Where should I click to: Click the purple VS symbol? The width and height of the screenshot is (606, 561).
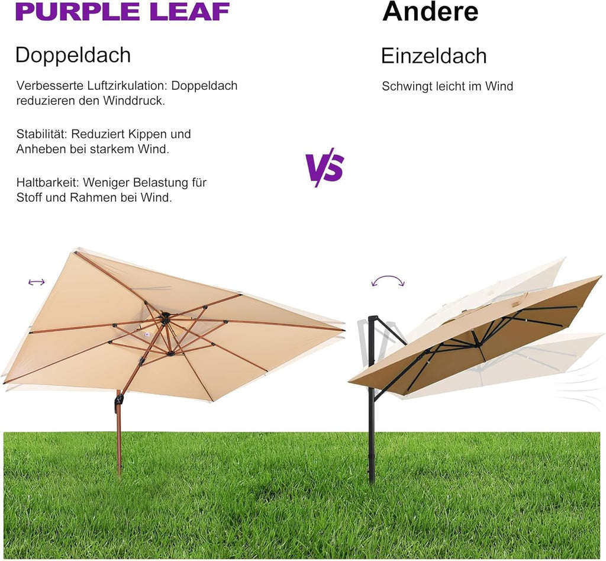pos(324,167)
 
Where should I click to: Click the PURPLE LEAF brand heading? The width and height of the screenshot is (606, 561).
pos(123,12)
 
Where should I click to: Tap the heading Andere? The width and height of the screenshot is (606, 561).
pos(430,11)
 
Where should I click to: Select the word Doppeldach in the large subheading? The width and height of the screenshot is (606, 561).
pos(73,55)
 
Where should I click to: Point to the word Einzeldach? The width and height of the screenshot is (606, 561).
pos(434,56)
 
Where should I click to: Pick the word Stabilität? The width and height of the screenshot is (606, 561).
pos(42,134)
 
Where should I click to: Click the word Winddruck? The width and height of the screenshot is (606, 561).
pos(134,101)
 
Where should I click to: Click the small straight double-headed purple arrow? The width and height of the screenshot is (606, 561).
pos(37,282)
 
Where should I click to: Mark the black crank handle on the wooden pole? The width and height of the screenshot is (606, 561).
pos(118,401)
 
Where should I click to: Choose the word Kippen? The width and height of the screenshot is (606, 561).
pos(147,134)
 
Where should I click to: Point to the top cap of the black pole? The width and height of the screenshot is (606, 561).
pos(373,318)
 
